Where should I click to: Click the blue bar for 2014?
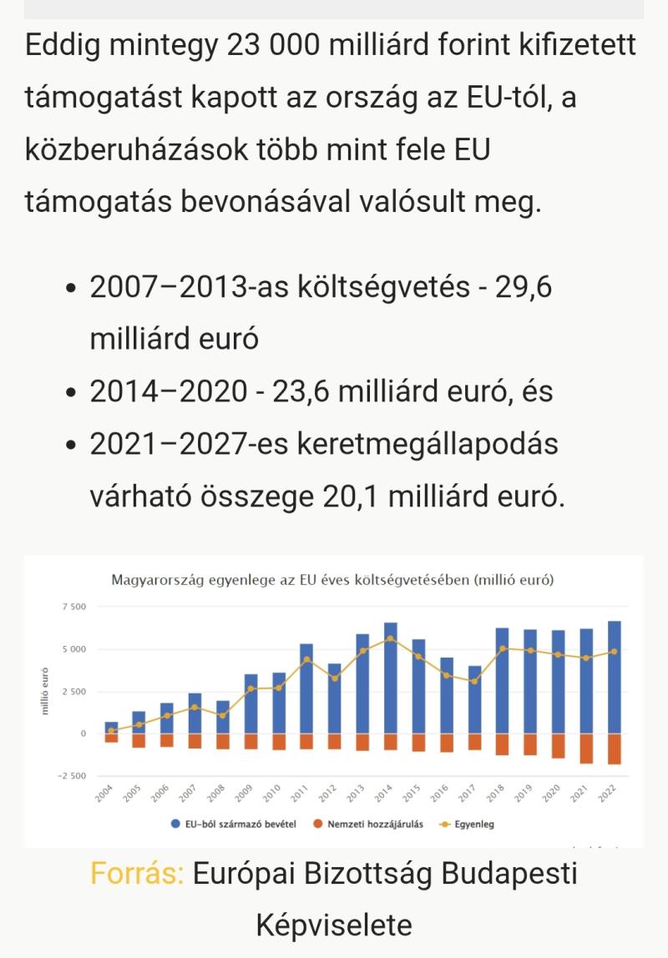point(390,678)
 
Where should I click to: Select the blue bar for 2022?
point(615,677)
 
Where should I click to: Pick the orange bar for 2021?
point(586,749)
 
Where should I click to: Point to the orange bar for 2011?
point(306,741)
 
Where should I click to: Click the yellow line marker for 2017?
point(474,681)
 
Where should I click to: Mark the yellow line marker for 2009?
point(250,688)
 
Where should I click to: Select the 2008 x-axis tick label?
point(215,794)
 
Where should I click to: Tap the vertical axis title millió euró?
point(45,690)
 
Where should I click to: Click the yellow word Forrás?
point(137,874)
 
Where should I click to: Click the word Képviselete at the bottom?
point(334,925)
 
